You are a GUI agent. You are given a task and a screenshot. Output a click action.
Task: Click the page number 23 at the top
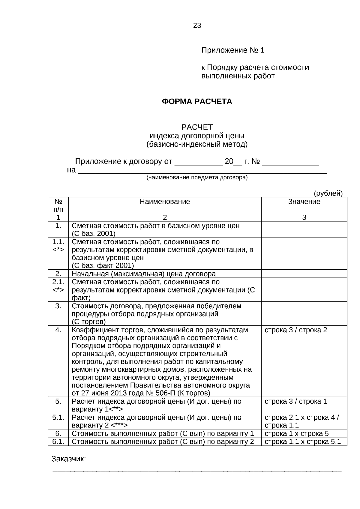tap(197, 25)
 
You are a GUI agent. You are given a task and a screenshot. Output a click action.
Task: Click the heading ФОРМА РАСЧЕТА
tap(197, 102)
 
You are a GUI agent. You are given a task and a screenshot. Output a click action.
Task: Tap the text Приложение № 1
tap(233, 50)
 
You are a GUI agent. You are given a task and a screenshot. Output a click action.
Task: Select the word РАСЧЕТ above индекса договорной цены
tap(197, 127)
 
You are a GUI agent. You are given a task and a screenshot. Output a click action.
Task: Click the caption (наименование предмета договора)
tap(197, 178)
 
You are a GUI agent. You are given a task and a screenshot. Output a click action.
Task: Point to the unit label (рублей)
tap(328, 193)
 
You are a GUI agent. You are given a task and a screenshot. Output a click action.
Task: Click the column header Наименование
tap(165, 202)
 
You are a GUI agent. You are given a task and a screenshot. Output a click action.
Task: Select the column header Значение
tap(304, 202)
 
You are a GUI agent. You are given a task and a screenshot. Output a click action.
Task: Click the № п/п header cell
tap(58, 205)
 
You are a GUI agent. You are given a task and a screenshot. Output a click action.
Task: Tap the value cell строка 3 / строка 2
tap(296, 330)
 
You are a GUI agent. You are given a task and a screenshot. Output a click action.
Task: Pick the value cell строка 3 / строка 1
tap(296, 401)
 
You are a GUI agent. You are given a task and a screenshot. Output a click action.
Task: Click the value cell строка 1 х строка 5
tap(297, 433)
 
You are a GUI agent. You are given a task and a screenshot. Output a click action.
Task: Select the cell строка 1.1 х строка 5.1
tap(303, 442)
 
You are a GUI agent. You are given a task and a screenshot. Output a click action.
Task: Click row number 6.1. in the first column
tap(58, 442)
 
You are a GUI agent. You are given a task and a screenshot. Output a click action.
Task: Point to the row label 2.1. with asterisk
tap(58, 286)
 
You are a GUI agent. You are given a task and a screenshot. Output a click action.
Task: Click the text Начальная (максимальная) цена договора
tap(143, 274)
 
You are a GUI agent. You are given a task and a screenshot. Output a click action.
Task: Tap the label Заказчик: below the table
tap(69, 459)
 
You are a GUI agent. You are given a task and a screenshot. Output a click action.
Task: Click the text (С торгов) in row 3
tap(88, 322)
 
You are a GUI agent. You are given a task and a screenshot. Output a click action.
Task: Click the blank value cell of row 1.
tap(304, 229)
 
